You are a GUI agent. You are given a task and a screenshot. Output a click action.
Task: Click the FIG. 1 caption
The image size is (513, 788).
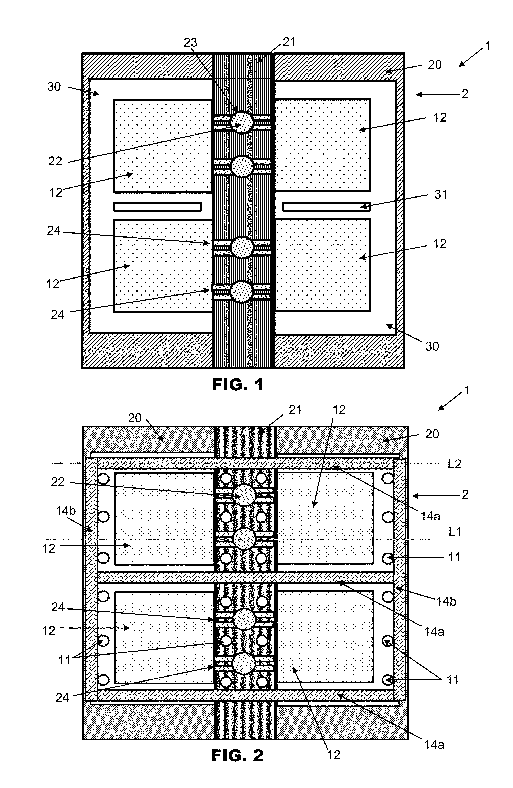[237, 385]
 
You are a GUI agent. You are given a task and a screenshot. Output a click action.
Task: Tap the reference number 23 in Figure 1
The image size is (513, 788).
[190, 43]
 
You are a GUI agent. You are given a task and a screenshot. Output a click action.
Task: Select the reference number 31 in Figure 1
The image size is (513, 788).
[441, 194]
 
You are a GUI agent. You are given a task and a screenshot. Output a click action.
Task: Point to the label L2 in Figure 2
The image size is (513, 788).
[455, 464]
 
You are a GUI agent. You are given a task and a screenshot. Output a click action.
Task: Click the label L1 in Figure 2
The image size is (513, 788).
[455, 531]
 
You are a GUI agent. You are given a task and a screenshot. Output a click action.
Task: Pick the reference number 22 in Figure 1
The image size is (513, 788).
[55, 161]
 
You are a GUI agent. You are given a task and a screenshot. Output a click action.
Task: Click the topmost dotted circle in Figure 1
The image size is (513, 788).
[242, 122]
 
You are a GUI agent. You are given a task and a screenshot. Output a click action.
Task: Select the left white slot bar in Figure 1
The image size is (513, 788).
[157, 207]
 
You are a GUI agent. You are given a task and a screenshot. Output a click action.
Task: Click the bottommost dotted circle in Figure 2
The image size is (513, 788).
[244, 663]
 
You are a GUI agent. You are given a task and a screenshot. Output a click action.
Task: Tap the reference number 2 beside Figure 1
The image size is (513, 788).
[465, 94]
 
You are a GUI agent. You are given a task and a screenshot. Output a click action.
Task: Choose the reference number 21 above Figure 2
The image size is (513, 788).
[295, 410]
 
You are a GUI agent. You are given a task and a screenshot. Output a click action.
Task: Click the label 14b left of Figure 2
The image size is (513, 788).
[66, 511]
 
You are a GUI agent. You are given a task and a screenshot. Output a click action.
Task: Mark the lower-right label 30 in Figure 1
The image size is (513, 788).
[432, 346]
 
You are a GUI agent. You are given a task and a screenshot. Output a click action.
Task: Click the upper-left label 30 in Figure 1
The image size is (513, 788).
[54, 87]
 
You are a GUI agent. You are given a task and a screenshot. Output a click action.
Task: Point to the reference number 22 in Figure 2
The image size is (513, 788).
[58, 482]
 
